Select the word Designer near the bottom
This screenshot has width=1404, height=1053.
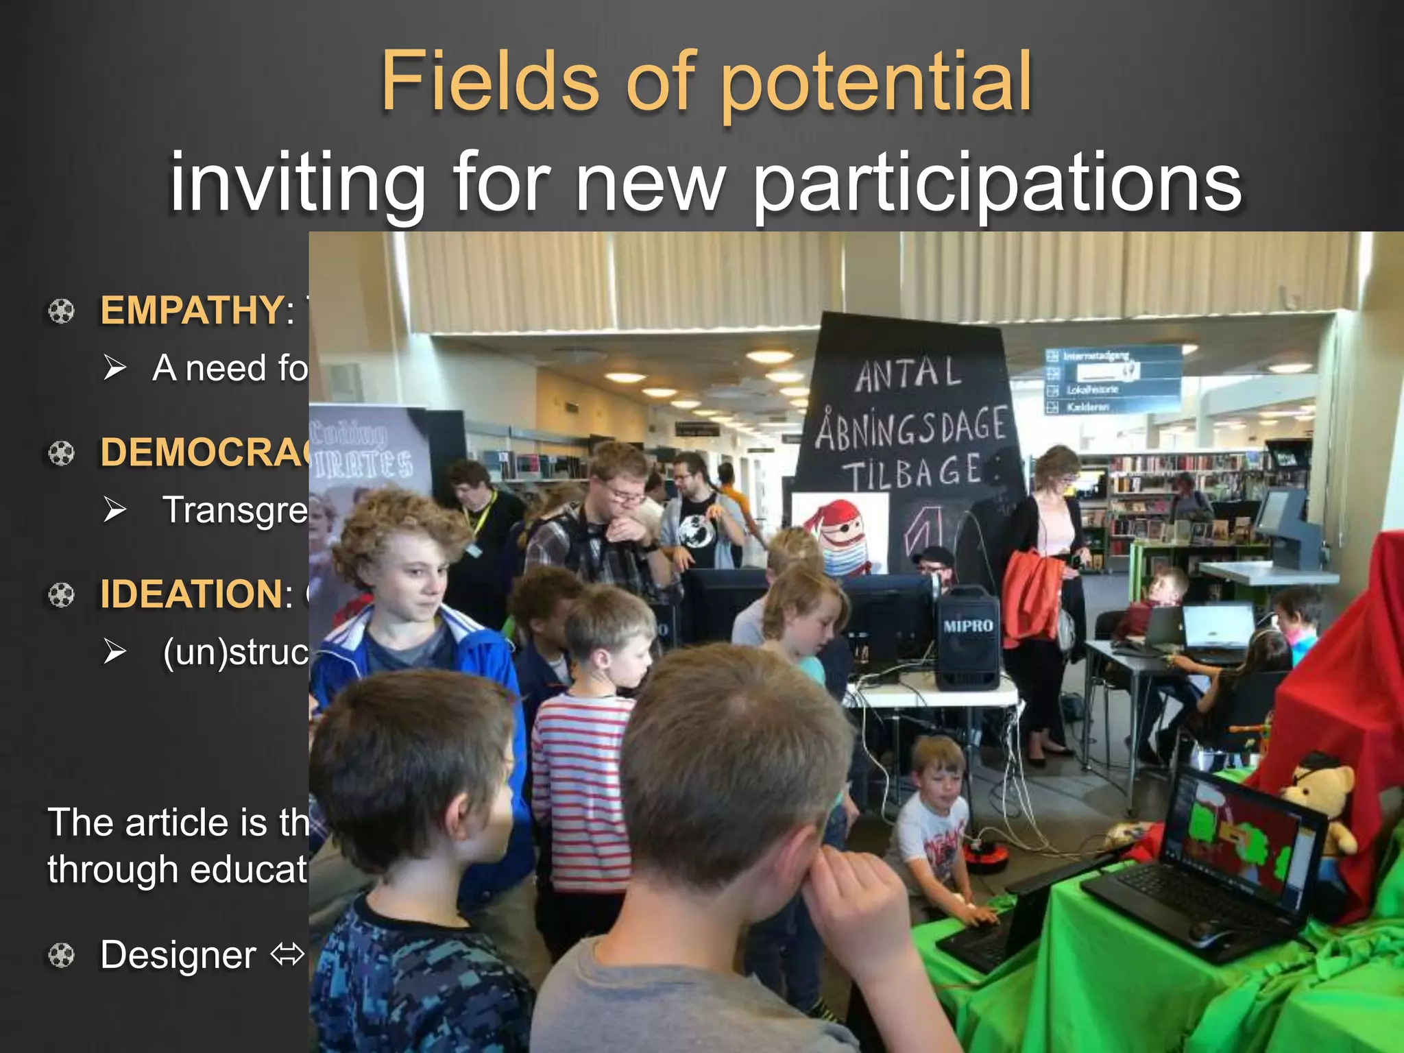[178, 955]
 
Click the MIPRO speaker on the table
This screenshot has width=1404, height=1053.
[967, 638]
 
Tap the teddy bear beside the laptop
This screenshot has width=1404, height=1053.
[1320, 802]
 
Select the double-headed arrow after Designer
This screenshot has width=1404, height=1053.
[287, 954]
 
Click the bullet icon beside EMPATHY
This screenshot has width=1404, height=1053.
[61, 311]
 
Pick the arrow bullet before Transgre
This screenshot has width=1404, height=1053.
[114, 509]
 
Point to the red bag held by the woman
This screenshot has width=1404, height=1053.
[1028, 596]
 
